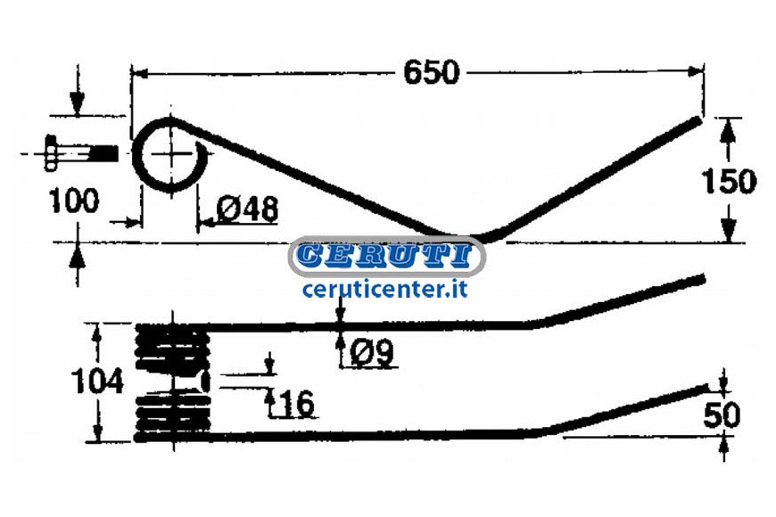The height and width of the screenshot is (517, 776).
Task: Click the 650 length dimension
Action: coord(432,73)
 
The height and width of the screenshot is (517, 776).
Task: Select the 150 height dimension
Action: coord(729,181)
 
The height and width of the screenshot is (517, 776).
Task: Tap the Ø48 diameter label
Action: coord(247,209)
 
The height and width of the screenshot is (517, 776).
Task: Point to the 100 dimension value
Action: coord(74,201)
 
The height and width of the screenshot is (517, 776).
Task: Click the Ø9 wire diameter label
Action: coord(372,353)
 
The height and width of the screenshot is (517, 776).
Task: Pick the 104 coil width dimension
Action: coord(97,382)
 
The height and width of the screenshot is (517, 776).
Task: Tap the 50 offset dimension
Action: coord(722,414)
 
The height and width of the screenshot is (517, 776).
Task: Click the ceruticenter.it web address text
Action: coord(385,289)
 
